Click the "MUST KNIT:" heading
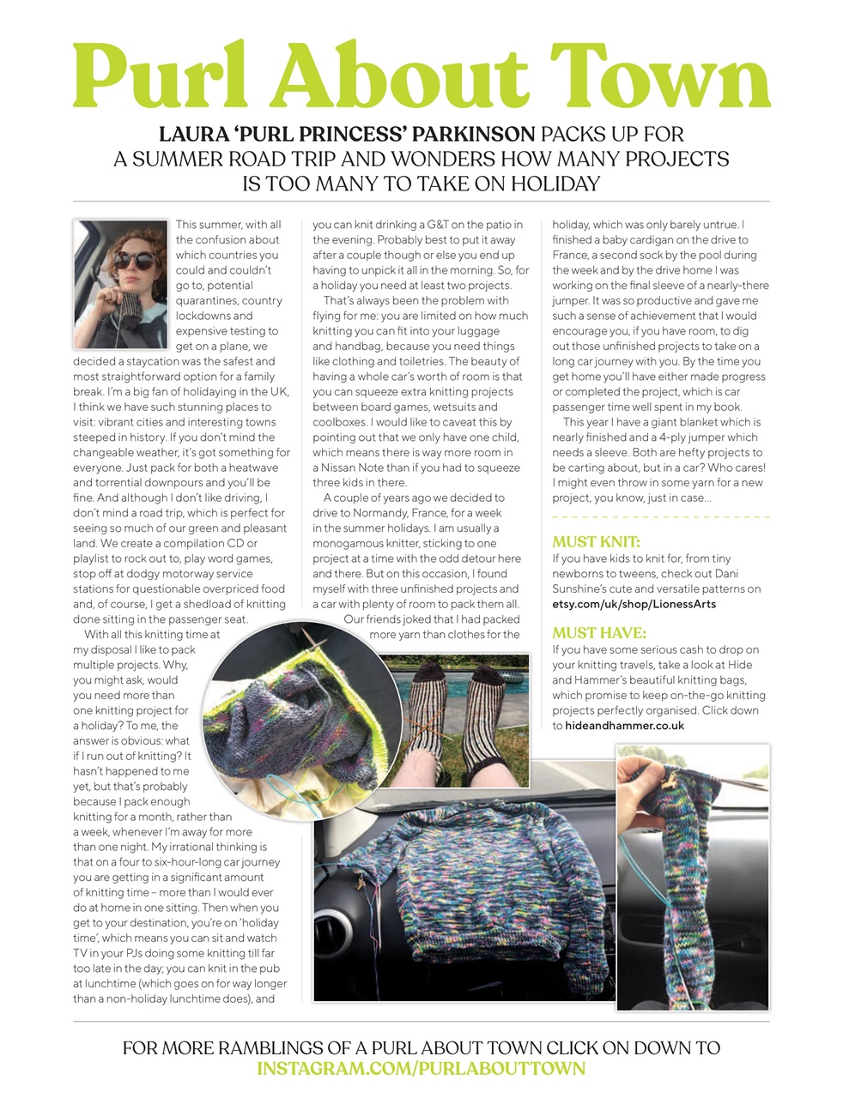596,541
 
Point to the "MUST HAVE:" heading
598,633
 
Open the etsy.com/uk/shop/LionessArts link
634,604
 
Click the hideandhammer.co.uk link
624,726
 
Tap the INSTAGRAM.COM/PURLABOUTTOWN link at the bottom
421,1069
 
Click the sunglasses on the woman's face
131,260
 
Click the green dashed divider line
660,517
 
